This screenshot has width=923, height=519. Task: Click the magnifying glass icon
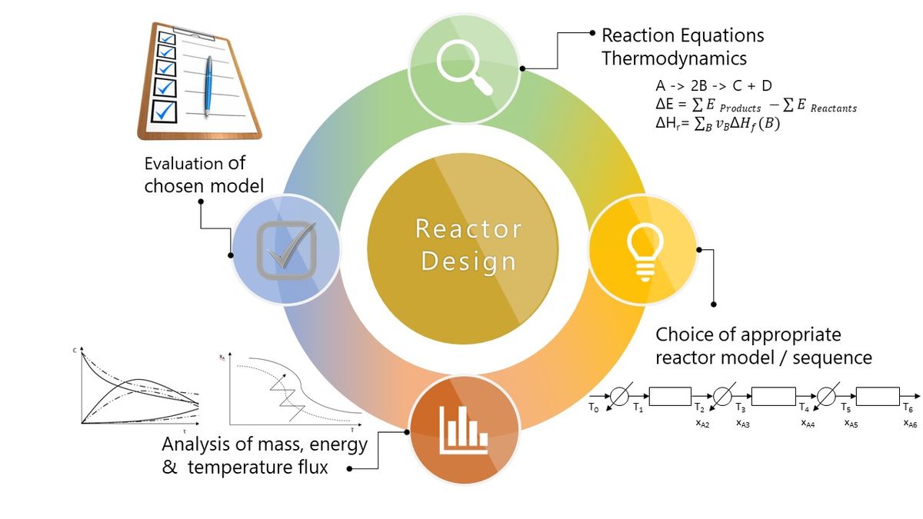click(x=464, y=68)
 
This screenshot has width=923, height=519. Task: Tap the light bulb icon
click(x=645, y=252)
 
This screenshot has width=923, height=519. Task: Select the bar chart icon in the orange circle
click(x=464, y=430)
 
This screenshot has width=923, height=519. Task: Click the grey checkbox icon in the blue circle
click(x=287, y=250)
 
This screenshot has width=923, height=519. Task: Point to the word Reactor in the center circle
click(x=468, y=228)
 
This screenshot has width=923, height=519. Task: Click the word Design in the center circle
click(x=468, y=261)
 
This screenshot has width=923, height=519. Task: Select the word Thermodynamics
click(x=674, y=58)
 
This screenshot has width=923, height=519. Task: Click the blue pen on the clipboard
click(x=208, y=85)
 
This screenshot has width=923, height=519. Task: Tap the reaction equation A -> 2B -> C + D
click(x=714, y=85)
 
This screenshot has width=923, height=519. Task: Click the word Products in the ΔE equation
click(x=741, y=108)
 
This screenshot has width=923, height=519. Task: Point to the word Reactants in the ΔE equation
click(x=834, y=108)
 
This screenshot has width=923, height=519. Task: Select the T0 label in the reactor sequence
click(x=593, y=408)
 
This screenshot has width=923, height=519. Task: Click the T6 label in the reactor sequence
click(x=908, y=408)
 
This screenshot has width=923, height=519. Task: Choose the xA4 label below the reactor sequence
click(x=808, y=423)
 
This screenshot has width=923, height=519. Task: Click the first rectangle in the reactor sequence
click(x=670, y=396)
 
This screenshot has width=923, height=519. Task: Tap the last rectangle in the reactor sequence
click(x=878, y=396)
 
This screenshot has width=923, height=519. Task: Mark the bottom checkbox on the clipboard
click(x=164, y=111)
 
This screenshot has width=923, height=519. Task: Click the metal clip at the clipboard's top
click(x=194, y=34)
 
